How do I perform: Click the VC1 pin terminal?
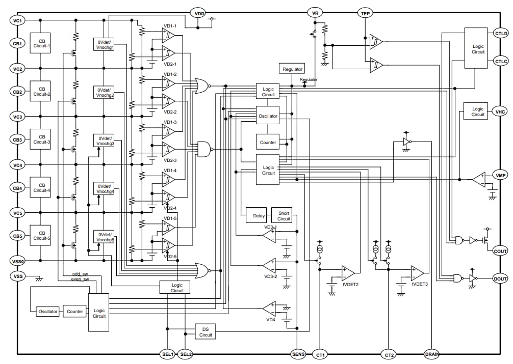click(x=17, y=20)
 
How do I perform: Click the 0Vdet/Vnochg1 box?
click(x=105, y=44)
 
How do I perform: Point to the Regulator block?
click(x=292, y=69)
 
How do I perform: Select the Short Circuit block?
click(x=284, y=216)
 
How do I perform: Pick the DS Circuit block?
click(x=206, y=331)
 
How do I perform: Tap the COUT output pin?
click(x=500, y=251)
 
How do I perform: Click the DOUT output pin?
click(x=500, y=278)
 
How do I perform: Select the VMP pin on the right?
click(x=500, y=176)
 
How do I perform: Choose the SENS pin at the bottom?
click(x=298, y=354)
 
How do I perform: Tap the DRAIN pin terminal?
click(x=432, y=354)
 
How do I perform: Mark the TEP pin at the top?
click(x=365, y=13)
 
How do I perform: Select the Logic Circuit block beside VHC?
click(x=477, y=111)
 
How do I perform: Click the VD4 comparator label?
click(x=270, y=320)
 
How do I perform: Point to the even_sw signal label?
click(x=80, y=279)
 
